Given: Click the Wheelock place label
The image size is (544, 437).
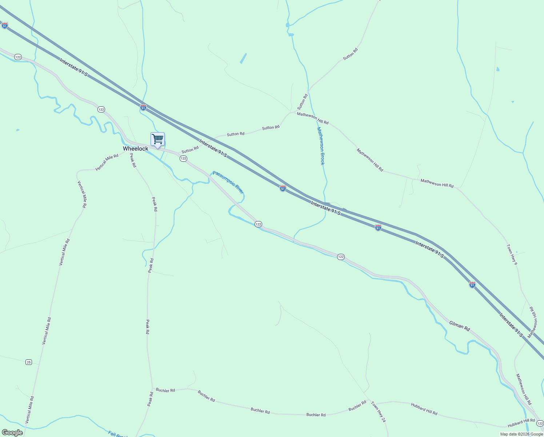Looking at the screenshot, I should (135, 149).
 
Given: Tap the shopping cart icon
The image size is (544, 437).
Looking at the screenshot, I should (157, 139).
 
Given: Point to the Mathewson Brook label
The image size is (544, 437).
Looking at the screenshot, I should (320, 146).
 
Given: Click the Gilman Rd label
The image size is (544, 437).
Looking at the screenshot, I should (459, 326).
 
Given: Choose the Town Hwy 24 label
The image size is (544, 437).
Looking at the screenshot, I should (378, 412).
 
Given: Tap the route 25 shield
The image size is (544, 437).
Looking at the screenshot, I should (29, 362).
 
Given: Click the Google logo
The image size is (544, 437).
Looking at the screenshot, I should (12, 433).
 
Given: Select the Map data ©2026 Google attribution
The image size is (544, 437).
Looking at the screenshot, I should (521, 434).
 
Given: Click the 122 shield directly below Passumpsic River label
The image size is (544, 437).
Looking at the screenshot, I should (258, 224).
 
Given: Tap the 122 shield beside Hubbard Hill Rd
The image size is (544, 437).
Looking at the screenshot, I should (540, 424).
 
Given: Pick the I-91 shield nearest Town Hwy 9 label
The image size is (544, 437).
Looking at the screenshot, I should (472, 285).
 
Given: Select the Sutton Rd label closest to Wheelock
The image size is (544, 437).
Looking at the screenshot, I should (190, 150).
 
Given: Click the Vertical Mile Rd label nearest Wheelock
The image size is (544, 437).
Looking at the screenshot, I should (107, 162).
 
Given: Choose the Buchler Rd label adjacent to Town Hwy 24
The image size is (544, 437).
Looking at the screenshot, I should (357, 406).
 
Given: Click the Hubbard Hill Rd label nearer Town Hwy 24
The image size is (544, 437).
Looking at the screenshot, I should (424, 409).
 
